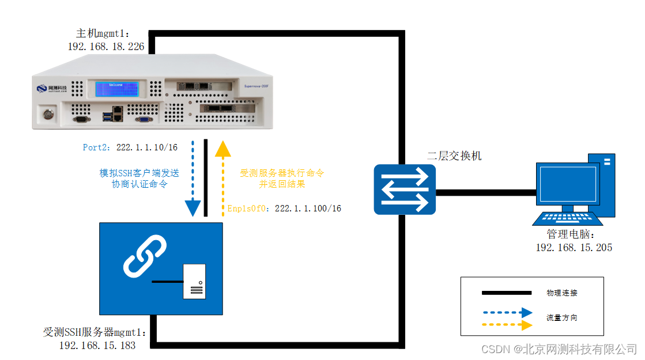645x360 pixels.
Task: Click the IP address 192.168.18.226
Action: [x=106, y=47]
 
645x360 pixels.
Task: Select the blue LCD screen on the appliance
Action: [x=118, y=88]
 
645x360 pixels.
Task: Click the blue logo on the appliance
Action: [x=42, y=88]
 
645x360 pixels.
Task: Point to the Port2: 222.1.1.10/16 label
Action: [x=130, y=147]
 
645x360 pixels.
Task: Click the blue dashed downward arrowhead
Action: [x=193, y=207]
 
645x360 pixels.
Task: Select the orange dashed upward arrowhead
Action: [x=223, y=149]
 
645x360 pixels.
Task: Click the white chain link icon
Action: [x=146, y=255]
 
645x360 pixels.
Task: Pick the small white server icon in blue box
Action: [x=194, y=282]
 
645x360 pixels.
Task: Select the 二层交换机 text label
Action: [x=454, y=156]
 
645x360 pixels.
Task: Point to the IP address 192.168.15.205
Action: [x=574, y=248]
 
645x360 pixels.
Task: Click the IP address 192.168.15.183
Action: [x=97, y=345]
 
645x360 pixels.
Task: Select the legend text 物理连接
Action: [x=562, y=293]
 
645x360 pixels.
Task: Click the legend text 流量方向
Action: [x=562, y=318]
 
